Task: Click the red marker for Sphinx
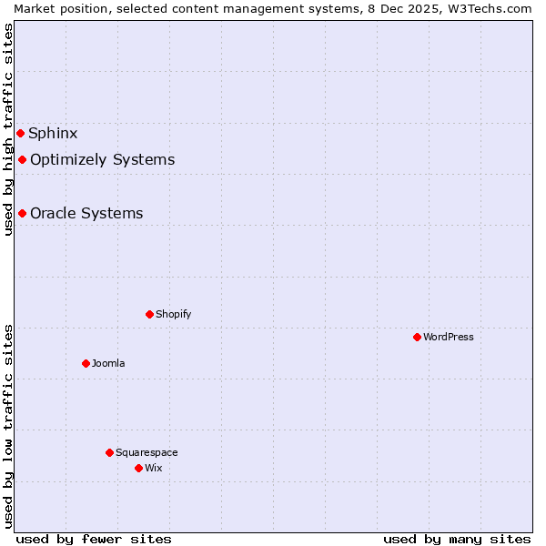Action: tap(20, 134)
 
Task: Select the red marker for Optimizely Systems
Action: tap(22, 160)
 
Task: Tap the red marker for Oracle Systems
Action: tap(22, 214)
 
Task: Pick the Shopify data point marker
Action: tap(149, 315)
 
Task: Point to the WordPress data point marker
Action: tap(417, 338)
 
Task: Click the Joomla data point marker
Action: tap(86, 364)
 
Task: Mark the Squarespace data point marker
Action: tap(109, 453)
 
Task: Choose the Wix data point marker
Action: tap(138, 469)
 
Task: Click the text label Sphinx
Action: tap(53, 134)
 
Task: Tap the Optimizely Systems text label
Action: tap(102, 160)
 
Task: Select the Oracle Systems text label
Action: tap(86, 214)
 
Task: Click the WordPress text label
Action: tap(449, 338)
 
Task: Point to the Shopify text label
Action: tap(173, 315)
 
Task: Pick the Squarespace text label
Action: tap(147, 453)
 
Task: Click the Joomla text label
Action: tap(108, 364)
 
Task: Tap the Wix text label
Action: tap(153, 469)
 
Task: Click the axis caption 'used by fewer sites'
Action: tap(94, 539)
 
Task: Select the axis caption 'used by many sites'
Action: tap(457, 539)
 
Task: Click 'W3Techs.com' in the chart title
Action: tap(495, 8)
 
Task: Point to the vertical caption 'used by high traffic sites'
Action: tap(8, 129)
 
